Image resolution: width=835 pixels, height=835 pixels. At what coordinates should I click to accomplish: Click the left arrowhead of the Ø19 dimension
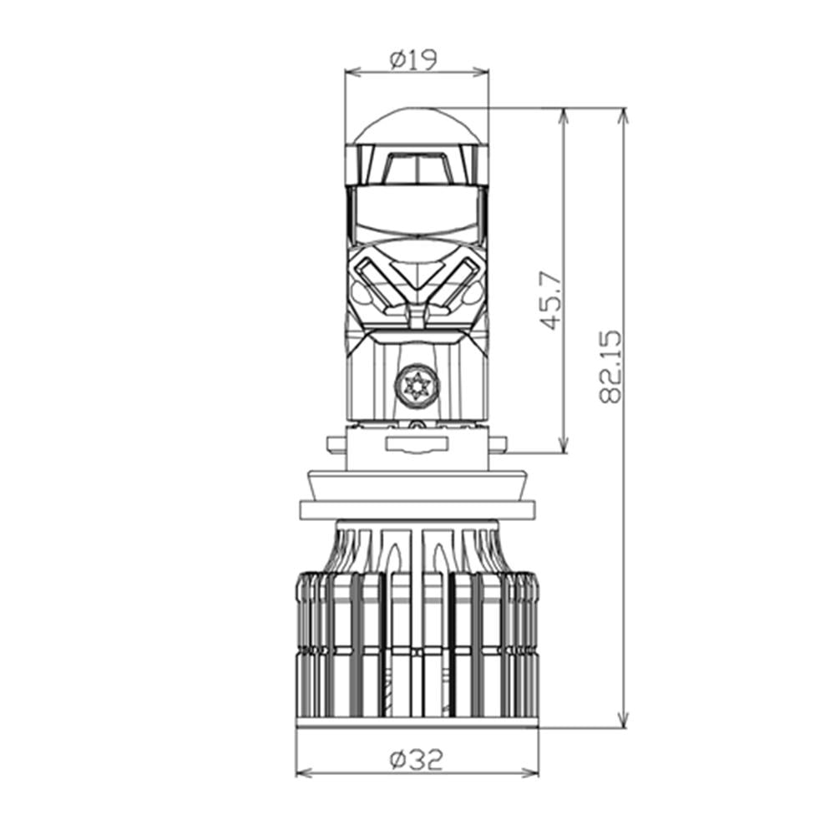[351, 72]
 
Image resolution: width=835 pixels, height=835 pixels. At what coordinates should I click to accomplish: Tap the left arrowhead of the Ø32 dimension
[302, 772]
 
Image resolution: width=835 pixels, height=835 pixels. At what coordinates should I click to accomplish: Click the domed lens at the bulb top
[417, 126]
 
